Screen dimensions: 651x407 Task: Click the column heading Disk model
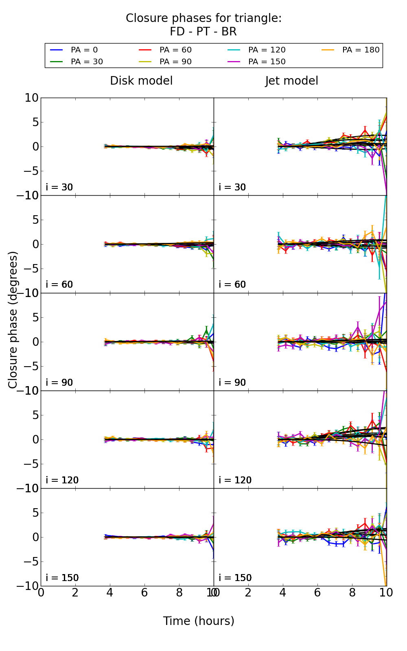pyautogui.click(x=141, y=81)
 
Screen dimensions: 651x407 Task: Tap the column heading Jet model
pyautogui.click(x=291, y=81)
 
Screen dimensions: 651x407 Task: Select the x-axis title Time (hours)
pyautogui.click(x=199, y=621)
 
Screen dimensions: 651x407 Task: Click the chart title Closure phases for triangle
pyautogui.click(x=203, y=18)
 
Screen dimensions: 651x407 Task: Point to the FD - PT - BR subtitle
pyautogui.click(x=203, y=32)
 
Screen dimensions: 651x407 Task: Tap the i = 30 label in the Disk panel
pyautogui.click(x=59, y=187)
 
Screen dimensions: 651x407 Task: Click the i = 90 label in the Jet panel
pyautogui.click(x=232, y=382)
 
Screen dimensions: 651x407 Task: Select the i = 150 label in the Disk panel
pyautogui.click(x=62, y=578)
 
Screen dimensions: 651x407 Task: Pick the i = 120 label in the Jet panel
pyautogui.click(x=235, y=480)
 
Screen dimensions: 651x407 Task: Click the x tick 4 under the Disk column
pyautogui.click(x=110, y=592)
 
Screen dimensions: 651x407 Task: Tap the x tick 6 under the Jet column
pyautogui.click(x=317, y=592)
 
